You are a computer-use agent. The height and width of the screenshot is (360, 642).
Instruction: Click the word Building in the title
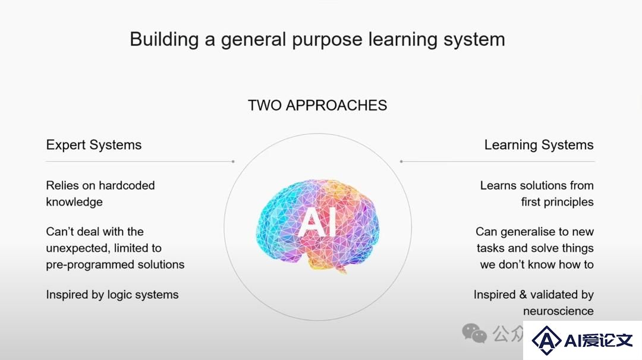[164, 40]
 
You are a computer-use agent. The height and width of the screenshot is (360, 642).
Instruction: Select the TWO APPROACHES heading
[317, 105]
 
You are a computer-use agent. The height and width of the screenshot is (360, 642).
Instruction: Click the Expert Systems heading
[94, 145]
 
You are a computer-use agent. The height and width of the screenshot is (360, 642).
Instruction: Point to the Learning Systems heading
[539, 145]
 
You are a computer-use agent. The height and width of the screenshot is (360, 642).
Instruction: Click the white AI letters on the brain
[317, 222]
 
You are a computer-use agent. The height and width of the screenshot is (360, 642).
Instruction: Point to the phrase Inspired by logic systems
[112, 295]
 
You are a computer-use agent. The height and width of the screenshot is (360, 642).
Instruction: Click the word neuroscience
[558, 311]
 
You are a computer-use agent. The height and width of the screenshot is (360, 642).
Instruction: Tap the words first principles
[557, 202]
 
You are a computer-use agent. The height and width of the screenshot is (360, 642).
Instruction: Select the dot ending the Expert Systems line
[233, 162]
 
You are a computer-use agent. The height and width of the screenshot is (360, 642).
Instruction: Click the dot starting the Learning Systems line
[401, 162]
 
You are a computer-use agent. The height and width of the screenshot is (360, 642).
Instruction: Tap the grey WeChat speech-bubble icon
[474, 333]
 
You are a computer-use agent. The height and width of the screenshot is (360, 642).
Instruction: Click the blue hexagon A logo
[546, 340]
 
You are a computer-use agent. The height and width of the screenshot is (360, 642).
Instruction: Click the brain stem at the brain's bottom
[341, 269]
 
